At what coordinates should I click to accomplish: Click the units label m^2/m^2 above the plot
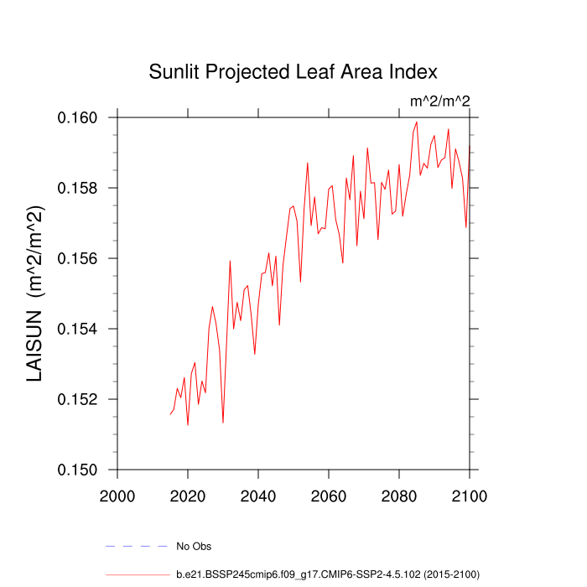(x=439, y=101)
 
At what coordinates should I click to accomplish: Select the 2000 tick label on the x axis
(x=117, y=495)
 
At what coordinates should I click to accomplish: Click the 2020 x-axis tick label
(x=187, y=495)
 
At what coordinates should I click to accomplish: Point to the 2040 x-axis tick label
(x=257, y=495)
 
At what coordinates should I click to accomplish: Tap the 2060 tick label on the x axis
(x=328, y=495)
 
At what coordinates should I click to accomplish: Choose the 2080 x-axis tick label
(x=398, y=495)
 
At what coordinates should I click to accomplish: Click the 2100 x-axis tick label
(x=468, y=495)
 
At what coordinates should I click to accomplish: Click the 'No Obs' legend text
(x=194, y=547)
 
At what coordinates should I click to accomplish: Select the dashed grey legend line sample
(x=138, y=547)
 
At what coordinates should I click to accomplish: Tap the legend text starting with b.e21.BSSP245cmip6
(x=327, y=574)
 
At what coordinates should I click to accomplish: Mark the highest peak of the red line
(x=416, y=122)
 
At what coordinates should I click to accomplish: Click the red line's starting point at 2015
(x=169, y=414)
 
